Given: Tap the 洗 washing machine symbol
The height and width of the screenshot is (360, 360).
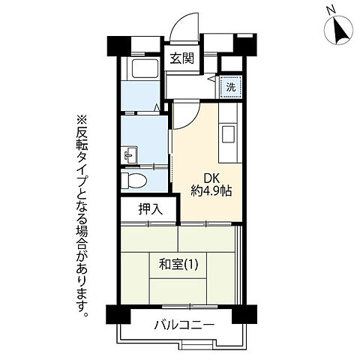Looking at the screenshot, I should pyautogui.click(x=229, y=85).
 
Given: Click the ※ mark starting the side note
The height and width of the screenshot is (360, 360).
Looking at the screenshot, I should pyautogui.click(x=82, y=119).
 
